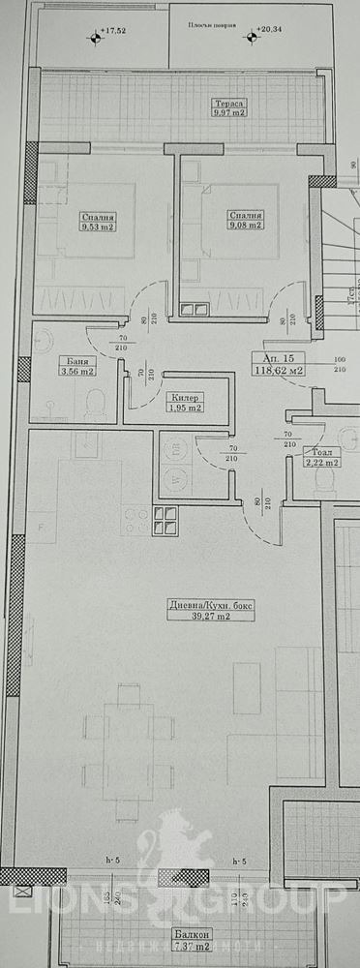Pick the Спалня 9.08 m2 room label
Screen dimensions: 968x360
[x=242, y=222]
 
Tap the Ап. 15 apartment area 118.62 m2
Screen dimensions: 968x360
[x=278, y=363]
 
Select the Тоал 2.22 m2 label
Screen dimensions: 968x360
[x=319, y=457]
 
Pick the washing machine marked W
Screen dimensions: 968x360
[x=176, y=476]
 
